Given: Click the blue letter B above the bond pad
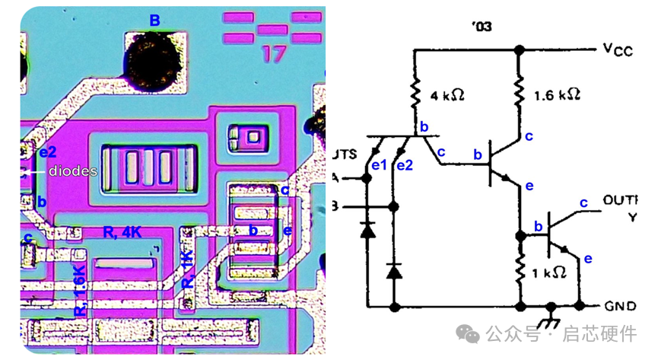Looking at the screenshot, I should pyautogui.click(x=154, y=21).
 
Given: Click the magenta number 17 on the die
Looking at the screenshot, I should pyautogui.click(x=273, y=54).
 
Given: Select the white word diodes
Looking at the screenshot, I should pyautogui.click(x=73, y=171).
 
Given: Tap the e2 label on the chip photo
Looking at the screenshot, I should pyautogui.click(x=49, y=151).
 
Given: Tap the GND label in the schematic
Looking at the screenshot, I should pyautogui.click(x=620, y=306).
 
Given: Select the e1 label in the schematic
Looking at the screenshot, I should pyautogui.click(x=378, y=164).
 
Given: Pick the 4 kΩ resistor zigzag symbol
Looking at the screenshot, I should pyautogui.click(x=415, y=94).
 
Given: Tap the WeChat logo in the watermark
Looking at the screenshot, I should pyautogui.click(x=467, y=334).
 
